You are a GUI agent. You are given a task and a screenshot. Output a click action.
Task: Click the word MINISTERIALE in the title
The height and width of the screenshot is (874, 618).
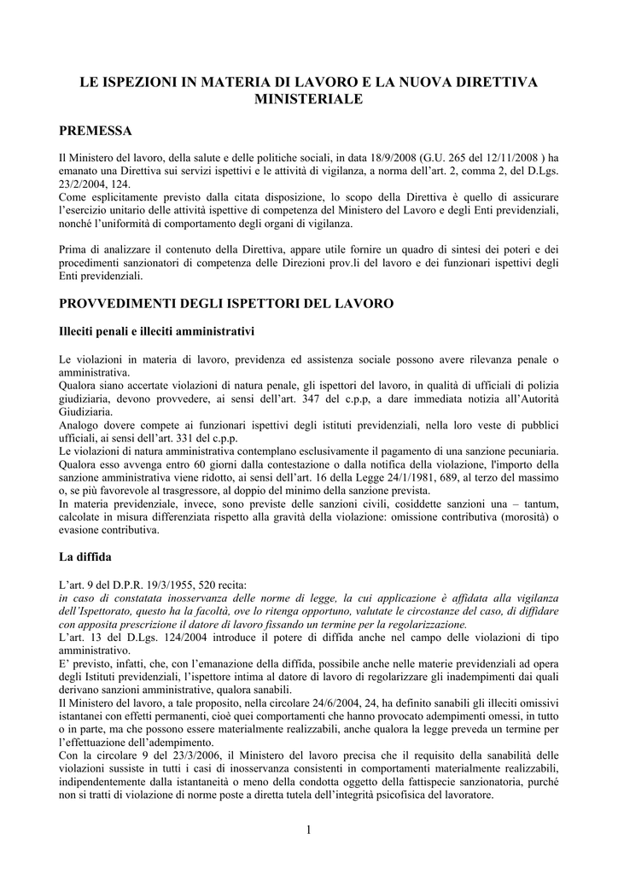point(309,100)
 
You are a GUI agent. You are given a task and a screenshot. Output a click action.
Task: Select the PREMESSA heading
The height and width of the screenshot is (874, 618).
point(95,131)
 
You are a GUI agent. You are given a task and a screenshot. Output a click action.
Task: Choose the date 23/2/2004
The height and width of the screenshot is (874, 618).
point(81,184)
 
